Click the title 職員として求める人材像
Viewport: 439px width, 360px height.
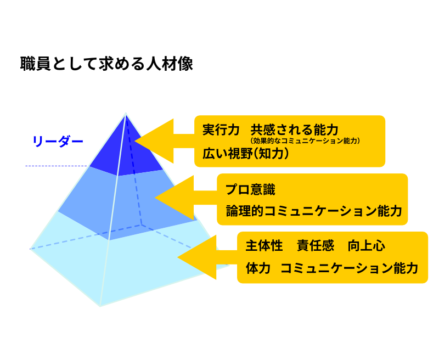(106, 64)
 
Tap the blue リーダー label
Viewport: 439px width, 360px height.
(58, 141)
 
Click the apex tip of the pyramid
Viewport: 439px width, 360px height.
(126, 113)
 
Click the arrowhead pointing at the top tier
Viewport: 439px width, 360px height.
(154, 141)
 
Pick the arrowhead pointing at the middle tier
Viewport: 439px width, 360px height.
(174, 198)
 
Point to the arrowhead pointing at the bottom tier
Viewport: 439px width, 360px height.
(197, 257)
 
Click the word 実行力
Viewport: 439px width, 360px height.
(221, 130)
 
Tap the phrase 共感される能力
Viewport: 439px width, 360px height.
(294, 130)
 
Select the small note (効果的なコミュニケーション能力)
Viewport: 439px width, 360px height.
(305, 140)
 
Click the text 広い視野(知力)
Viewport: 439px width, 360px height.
(245, 154)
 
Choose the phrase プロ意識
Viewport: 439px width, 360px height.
(251, 189)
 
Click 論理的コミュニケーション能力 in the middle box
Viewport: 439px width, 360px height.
(314, 211)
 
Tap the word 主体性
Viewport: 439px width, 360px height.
(264, 246)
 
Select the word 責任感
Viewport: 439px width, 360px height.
(316, 246)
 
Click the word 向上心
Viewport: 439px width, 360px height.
(367, 246)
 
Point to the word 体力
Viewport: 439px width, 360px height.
(258, 268)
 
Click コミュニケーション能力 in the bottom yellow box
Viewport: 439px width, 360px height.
(349, 268)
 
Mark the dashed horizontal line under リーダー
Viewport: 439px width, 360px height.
(57, 166)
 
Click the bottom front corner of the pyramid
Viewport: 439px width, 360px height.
(100, 306)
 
